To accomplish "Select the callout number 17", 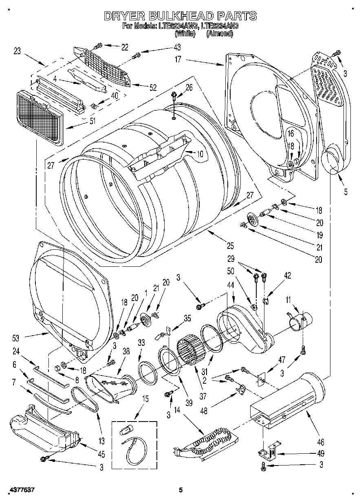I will [x=178, y=59].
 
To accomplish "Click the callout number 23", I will [x=17, y=51].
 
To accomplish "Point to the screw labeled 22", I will [x=98, y=46].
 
